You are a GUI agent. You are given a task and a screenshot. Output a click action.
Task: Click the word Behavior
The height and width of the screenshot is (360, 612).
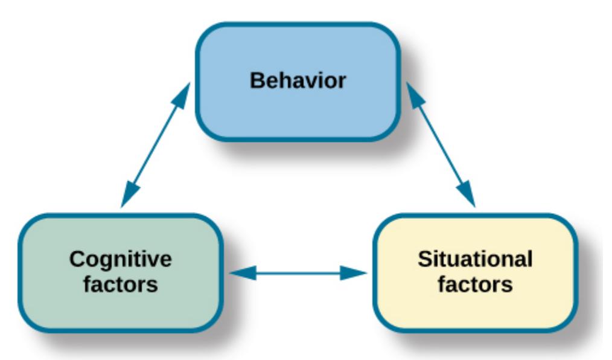(x=298, y=80)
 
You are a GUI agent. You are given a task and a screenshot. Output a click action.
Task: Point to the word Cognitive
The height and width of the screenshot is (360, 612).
(x=121, y=260)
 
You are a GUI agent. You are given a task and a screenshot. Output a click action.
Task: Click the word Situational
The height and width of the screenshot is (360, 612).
(x=476, y=260)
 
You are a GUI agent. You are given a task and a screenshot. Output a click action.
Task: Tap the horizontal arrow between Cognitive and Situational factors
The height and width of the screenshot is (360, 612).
(x=299, y=273)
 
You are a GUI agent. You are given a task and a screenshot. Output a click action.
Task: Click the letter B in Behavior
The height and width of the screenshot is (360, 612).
(x=256, y=80)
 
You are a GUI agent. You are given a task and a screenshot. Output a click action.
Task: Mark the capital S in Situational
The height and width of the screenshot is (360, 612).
(x=424, y=260)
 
